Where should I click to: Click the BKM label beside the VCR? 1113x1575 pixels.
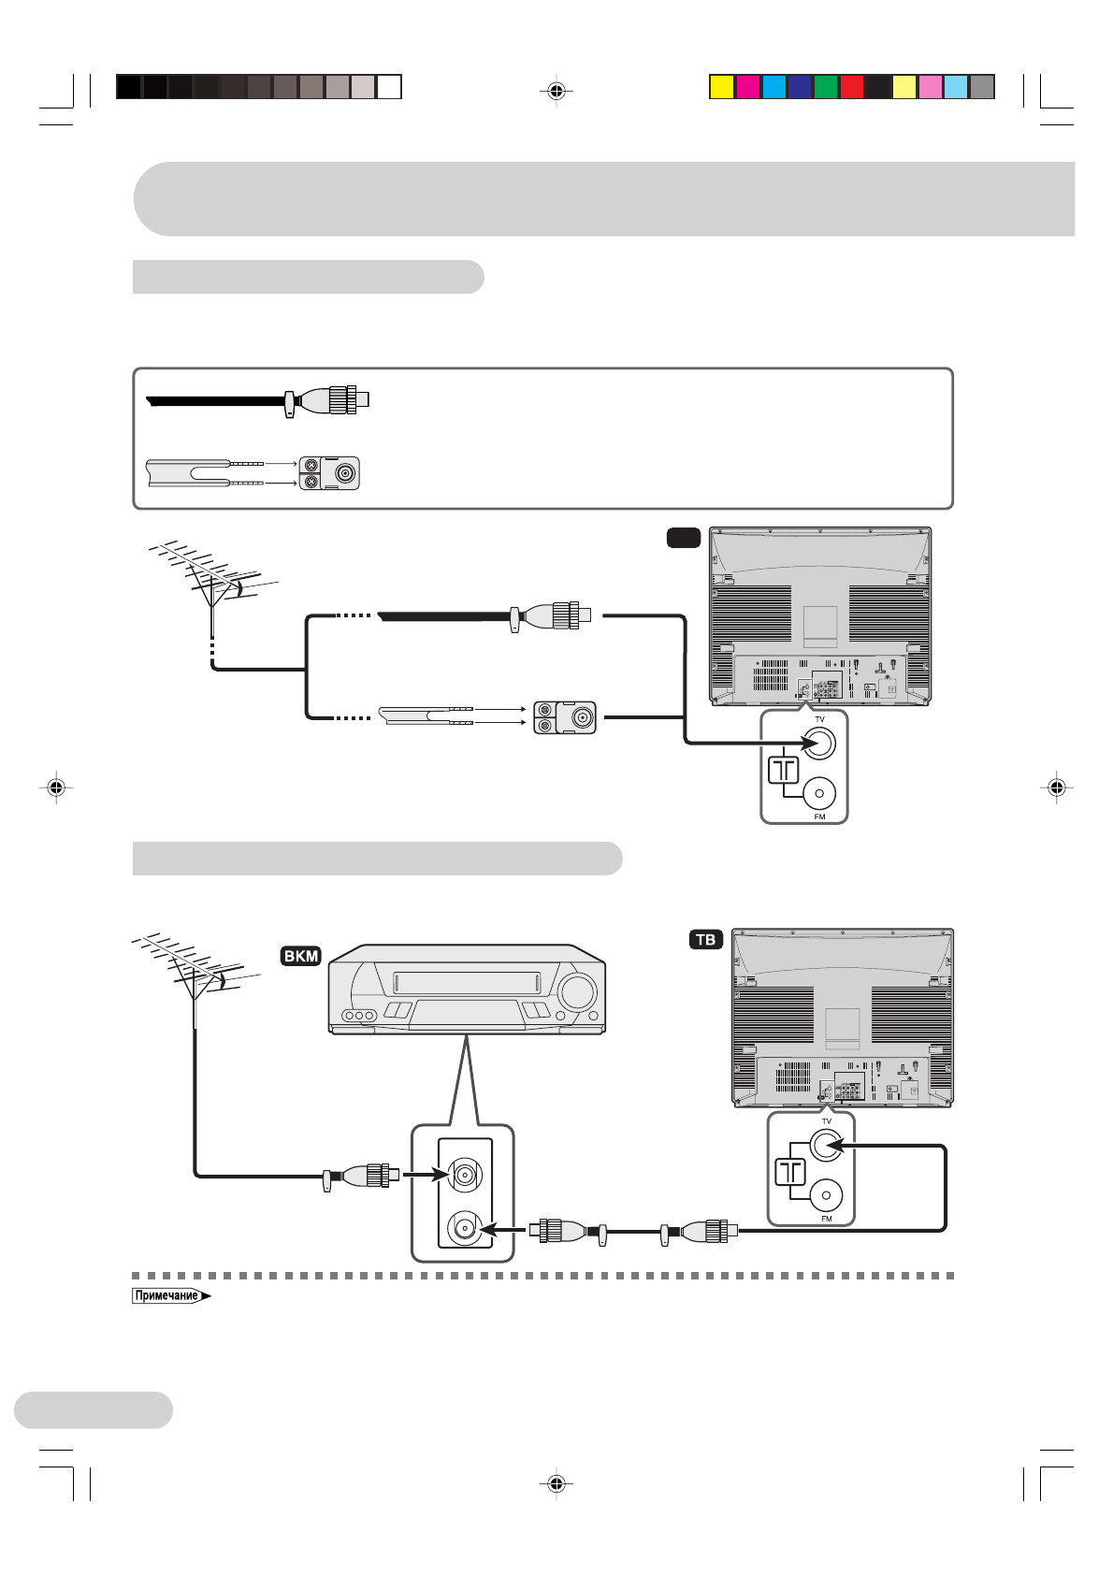(x=301, y=956)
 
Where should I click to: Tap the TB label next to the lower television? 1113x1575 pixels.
(x=706, y=939)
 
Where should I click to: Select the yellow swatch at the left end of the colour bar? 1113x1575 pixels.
(x=721, y=87)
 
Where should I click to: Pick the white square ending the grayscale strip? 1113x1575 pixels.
(x=389, y=87)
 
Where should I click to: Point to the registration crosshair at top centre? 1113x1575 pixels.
(x=556, y=91)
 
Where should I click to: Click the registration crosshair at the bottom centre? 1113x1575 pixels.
(x=556, y=1482)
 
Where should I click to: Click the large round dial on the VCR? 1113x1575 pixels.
(x=577, y=992)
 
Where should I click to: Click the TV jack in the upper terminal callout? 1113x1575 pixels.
(x=819, y=744)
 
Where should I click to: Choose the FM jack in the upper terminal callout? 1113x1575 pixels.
(x=819, y=793)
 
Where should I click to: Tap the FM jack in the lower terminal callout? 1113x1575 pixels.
(x=826, y=1195)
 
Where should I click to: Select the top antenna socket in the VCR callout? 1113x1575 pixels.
(x=465, y=1174)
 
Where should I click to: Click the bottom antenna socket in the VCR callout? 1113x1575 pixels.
(x=465, y=1227)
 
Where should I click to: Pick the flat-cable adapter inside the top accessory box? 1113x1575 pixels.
(x=329, y=473)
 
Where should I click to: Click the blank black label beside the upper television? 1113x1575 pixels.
(x=684, y=537)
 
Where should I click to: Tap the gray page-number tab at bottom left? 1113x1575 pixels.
(x=94, y=1409)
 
